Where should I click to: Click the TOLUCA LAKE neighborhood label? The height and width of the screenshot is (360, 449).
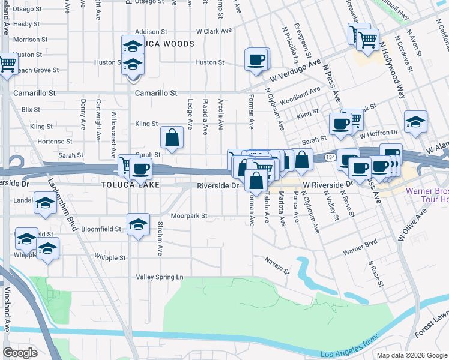pos(130,185)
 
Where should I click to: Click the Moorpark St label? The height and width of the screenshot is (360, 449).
pos(188,215)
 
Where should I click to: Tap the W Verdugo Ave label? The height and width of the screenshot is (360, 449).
pos(295,70)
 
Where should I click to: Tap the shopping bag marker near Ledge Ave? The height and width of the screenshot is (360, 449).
pos(172,138)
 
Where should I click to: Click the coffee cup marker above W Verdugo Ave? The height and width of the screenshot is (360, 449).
pos(256,59)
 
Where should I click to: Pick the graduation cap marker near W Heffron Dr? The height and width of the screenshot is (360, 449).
pos(415,122)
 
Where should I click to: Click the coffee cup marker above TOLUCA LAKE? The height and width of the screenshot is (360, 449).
pos(140,170)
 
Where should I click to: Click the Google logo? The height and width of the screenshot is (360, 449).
pos(20,353)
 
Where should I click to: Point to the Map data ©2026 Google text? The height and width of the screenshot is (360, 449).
pos(411,355)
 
